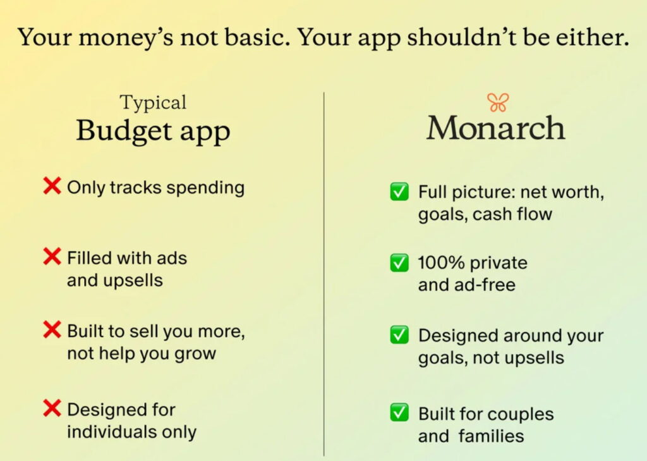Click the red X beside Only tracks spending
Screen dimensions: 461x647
click(52, 186)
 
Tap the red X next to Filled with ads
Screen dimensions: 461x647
click(52, 257)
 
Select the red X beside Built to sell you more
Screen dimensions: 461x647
click(52, 329)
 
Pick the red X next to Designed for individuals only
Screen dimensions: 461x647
click(52, 409)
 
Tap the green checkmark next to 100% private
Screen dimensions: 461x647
click(399, 262)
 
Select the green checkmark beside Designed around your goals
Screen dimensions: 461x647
click(399, 335)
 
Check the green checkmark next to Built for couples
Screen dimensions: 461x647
click(399, 413)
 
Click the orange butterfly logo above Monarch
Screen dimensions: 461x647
click(497, 102)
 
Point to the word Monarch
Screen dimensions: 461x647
click(496, 128)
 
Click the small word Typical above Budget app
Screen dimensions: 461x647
click(154, 102)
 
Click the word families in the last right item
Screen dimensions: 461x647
click(493, 436)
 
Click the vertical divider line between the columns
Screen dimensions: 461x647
click(324, 272)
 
